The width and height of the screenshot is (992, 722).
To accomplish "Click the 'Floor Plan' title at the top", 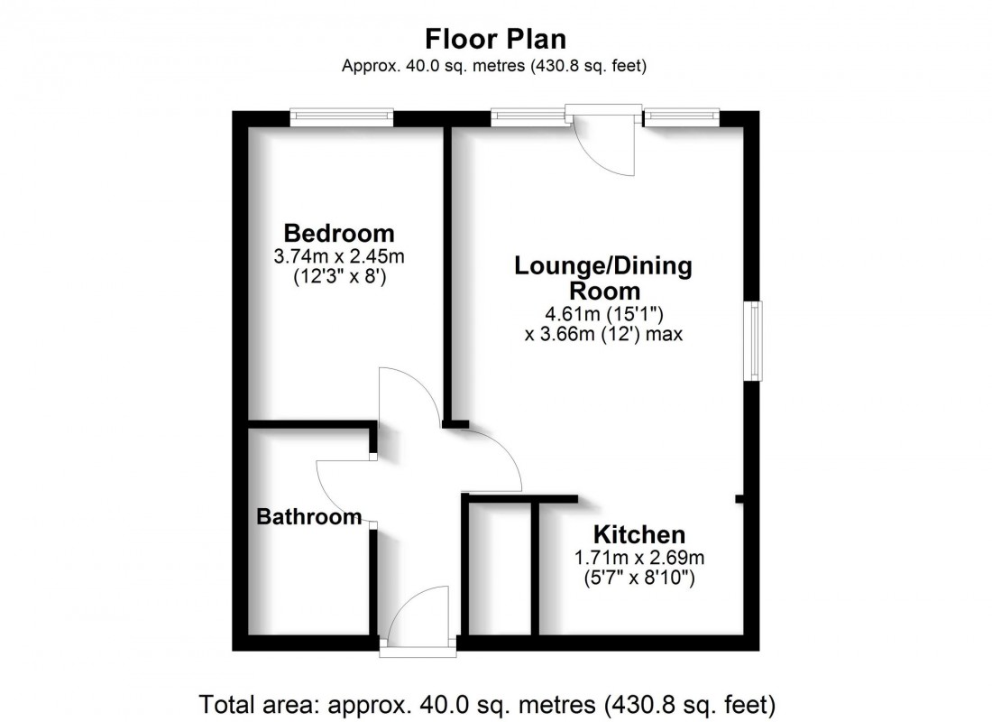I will (x=495, y=39).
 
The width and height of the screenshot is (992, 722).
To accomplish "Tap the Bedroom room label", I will (x=339, y=232).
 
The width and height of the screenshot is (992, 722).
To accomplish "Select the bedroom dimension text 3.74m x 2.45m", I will (x=339, y=256).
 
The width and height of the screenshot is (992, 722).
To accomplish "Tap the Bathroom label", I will (x=309, y=517).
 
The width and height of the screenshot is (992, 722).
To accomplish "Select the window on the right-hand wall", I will (x=752, y=341).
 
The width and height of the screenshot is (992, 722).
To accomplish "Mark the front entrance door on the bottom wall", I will (x=418, y=623).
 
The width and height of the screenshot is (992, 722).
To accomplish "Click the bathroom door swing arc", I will (x=343, y=492).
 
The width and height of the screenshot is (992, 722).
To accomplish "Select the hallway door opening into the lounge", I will (x=491, y=460).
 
